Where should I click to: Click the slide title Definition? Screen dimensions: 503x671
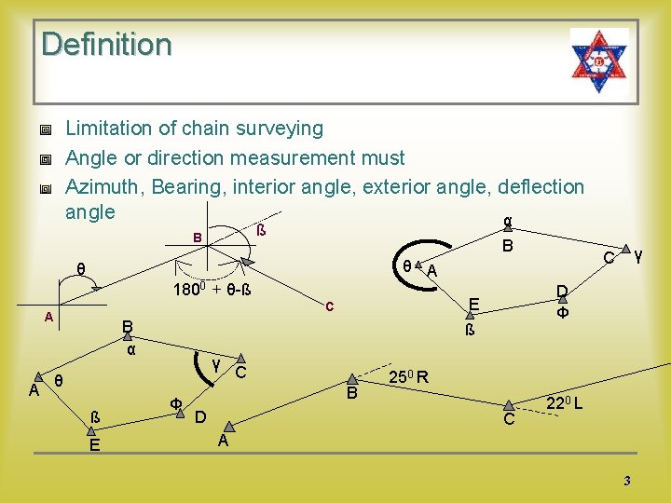pyautogui.click(x=106, y=44)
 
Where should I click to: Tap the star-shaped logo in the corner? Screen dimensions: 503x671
pyautogui.click(x=599, y=60)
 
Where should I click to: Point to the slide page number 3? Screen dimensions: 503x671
pyautogui.click(x=627, y=481)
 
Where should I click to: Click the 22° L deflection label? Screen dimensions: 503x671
pyautogui.click(x=564, y=404)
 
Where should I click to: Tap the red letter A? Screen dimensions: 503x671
pyautogui.click(x=48, y=318)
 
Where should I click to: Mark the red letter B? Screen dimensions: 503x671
pyautogui.click(x=197, y=238)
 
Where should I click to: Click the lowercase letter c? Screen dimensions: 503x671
pyautogui.click(x=329, y=306)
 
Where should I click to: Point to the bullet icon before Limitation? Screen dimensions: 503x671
pyautogui.click(x=44, y=129)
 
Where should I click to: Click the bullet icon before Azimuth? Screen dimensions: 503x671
pyautogui.click(x=44, y=188)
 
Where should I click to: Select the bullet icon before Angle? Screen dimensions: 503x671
pyautogui.click(x=44, y=159)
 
